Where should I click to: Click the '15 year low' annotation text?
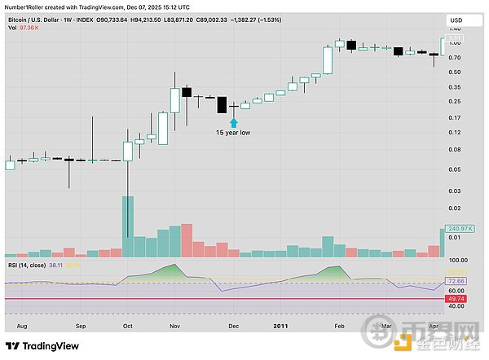tap(232, 132)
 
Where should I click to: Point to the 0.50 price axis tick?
tap(455, 72)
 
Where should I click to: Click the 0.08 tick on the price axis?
tap(455, 150)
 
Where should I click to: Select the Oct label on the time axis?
tap(126, 326)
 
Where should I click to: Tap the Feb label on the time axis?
tap(338, 326)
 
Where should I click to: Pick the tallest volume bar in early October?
tap(127, 228)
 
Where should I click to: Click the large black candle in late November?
tap(221, 105)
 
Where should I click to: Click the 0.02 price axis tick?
tap(455, 212)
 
